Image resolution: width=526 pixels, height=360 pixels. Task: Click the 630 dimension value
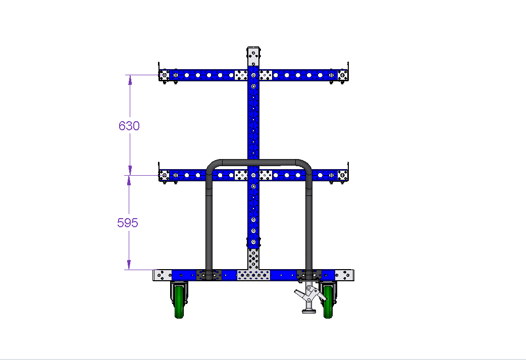(x=129, y=126)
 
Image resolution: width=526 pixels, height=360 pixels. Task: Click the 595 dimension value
(x=128, y=223)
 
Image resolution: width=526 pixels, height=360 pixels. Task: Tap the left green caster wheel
(x=179, y=302)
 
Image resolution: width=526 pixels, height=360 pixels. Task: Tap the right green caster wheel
(x=328, y=302)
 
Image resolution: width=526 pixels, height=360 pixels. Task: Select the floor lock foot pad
(x=309, y=312)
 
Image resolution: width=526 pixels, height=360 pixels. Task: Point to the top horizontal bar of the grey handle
(x=258, y=163)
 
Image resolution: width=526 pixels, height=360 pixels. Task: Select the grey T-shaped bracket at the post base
(x=253, y=269)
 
